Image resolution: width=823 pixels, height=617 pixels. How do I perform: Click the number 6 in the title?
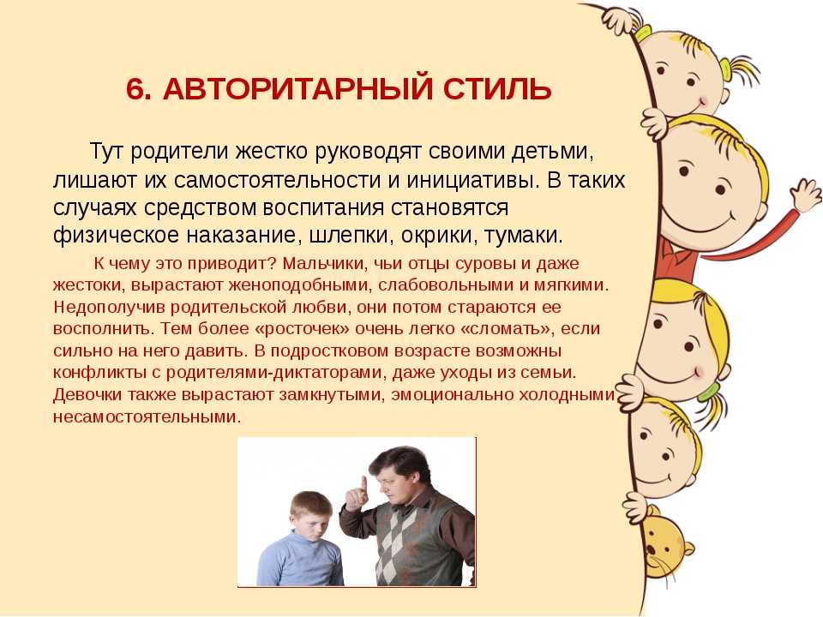pyautogui.click(x=136, y=89)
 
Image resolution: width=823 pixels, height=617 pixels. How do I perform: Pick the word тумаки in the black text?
pyautogui.click(x=523, y=235)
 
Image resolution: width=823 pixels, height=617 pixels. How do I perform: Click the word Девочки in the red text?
pyautogui.click(x=87, y=394)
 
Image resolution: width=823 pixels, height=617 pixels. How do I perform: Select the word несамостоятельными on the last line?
pyautogui.click(x=147, y=417)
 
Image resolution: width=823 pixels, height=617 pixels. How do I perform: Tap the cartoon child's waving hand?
pyautogui.click(x=806, y=195)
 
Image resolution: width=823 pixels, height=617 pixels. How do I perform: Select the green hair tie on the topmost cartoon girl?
pyautogui.click(x=727, y=69)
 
